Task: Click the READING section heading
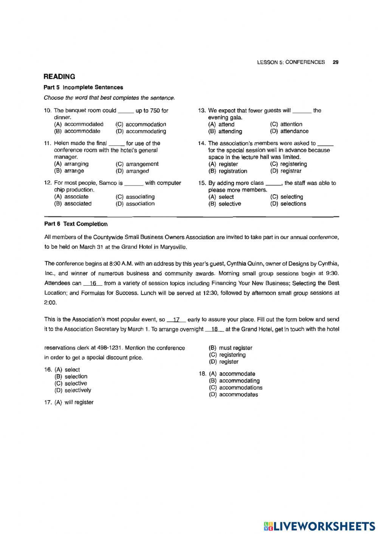pos(59,77)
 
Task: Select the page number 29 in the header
pos(335,62)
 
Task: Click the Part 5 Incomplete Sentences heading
pos(83,87)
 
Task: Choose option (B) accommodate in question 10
pos(77,131)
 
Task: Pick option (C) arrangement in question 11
pos(137,164)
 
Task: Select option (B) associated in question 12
pos(73,204)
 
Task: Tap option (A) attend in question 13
pos(222,124)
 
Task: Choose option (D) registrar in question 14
pos(286,171)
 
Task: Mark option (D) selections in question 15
pos(288,204)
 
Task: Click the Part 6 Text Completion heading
pos(76,224)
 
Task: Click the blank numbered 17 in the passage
pos(176,319)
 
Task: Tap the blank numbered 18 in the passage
pos(215,329)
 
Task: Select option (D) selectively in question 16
pos(73,390)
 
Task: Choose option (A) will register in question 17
pos(74,402)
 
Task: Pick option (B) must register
pos(231,348)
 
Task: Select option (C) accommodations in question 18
pos(235,387)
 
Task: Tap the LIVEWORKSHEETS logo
pos(319,526)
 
